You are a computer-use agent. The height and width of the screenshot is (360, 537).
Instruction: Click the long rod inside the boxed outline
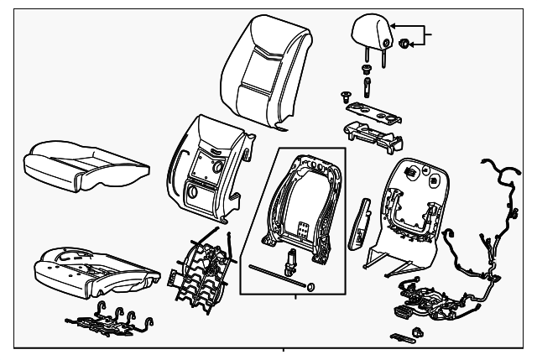274,277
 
